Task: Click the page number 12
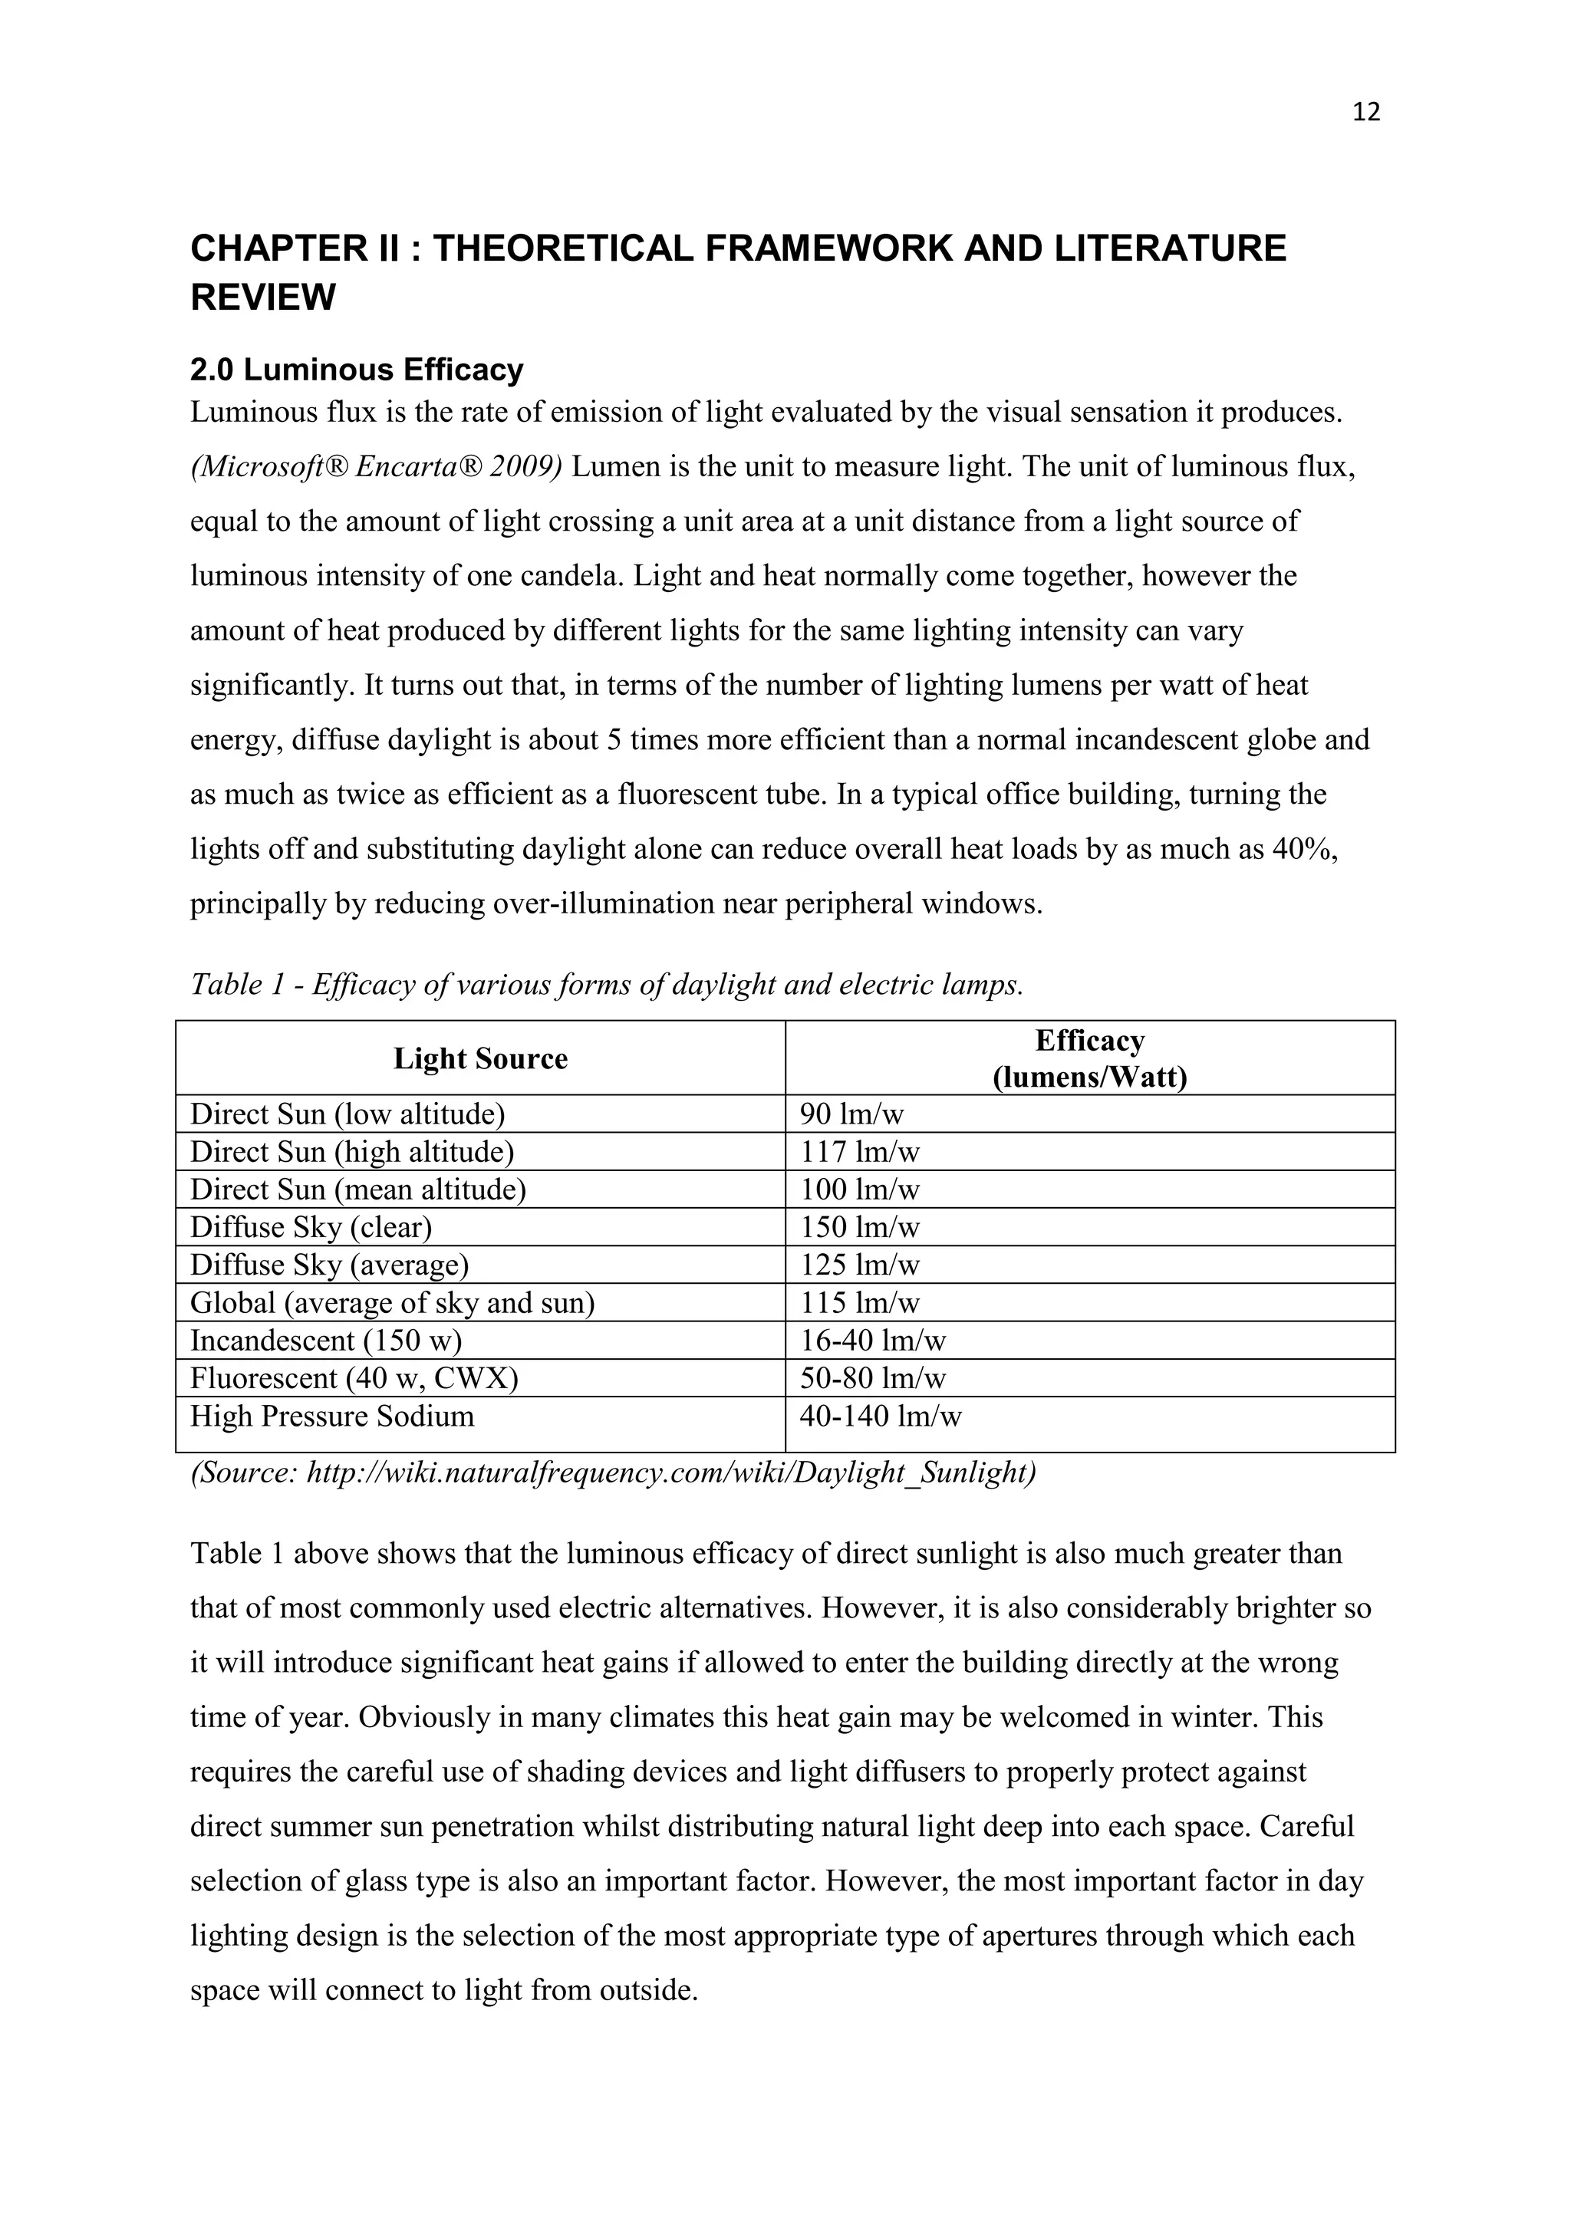point(1366,112)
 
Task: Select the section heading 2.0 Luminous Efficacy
point(356,370)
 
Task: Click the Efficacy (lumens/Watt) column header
point(1089,1058)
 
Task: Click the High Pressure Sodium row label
point(332,1417)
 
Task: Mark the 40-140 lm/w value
point(881,1417)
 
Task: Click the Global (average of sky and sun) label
point(392,1303)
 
